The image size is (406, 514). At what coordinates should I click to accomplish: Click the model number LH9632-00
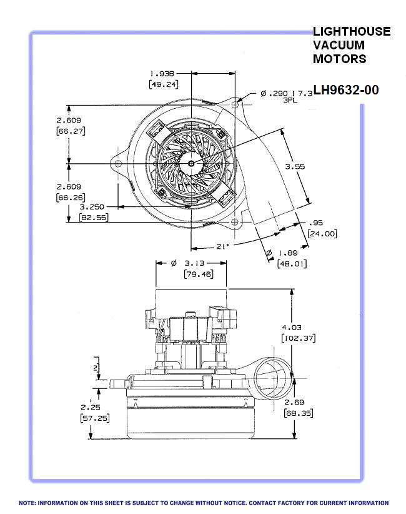(x=346, y=90)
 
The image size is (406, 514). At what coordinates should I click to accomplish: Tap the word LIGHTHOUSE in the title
(x=352, y=31)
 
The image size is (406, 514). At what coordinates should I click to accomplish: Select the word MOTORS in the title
(x=340, y=59)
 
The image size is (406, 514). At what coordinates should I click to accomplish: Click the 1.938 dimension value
(x=162, y=73)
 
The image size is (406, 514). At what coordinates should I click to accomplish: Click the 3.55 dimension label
(x=295, y=166)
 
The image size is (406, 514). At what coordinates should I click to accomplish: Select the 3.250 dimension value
(x=92, y=206)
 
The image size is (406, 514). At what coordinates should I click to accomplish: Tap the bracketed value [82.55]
(x=92, y=217)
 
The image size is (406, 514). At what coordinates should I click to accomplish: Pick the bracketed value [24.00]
(x=322, y=233)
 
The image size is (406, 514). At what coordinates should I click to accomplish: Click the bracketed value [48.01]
(x=292, y=264)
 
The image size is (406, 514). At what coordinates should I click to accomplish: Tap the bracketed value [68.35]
(x=298, y=413)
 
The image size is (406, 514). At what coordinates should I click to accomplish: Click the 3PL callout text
(x=290, y=100)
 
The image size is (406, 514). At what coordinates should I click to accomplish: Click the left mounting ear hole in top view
(x=118, y=164)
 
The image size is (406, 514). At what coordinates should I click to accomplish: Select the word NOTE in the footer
(x=28, y=503)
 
